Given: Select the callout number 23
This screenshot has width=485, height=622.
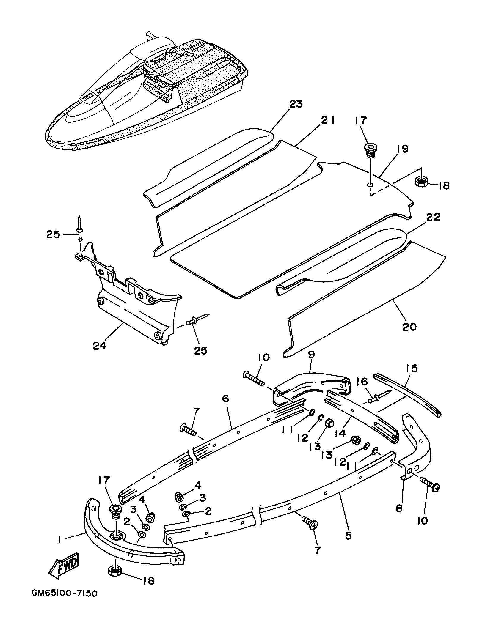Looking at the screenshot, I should [x=295, y=104].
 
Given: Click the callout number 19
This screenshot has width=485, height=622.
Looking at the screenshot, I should [x=402, y=149].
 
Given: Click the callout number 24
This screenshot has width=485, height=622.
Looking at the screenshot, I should [x=99, y=346].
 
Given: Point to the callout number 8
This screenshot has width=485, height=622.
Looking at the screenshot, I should [x=399, y=508].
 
